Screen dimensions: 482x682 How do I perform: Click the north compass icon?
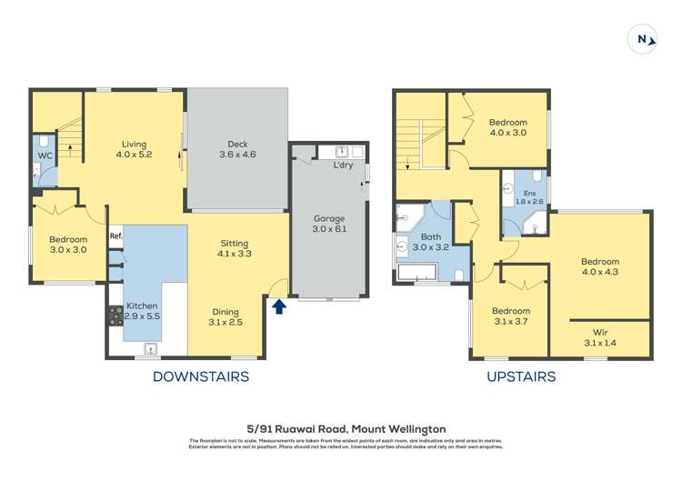(x=643, y=40)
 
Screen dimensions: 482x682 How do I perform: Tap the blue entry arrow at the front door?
(x=279, y=306)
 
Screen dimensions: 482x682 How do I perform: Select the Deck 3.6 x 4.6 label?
(x=237, y=149)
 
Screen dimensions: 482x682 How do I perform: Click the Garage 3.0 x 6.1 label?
(x=329, y=224)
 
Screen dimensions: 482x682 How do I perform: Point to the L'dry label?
(x=343, y=166)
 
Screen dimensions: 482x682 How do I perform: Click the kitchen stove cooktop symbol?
(x=116, y=315)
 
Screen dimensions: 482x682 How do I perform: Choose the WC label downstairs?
(x=45, y=156)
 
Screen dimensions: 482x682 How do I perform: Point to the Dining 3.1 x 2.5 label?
(x=226, y=316)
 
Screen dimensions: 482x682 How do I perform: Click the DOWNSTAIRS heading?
(x=200, y=377)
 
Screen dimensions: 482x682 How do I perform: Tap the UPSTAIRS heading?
(x=521, y=377)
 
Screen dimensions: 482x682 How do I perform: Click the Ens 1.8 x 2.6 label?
(x=526, y=197)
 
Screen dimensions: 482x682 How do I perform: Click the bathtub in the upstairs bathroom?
(x=417, y=272)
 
